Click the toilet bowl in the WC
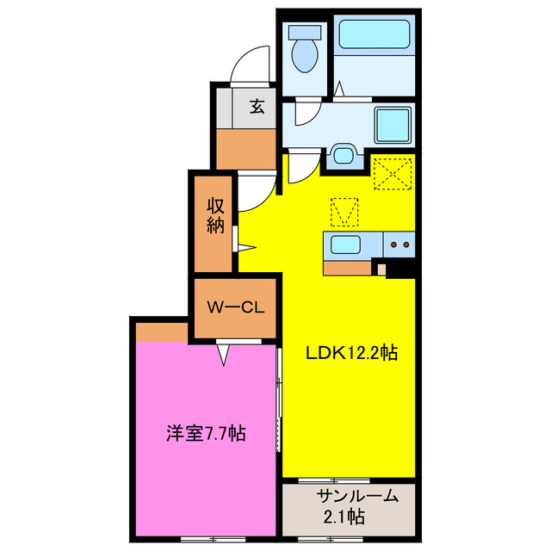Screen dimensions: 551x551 click(x=305, y=52)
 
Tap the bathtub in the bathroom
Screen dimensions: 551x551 click(x=375, y=35)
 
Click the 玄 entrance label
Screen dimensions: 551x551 click(x=257, y=107)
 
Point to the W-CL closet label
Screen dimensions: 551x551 click(x=235, y=306)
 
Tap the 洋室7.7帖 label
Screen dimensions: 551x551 click(x=206, y=433)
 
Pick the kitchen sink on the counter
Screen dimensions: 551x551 click(x=348, y=245)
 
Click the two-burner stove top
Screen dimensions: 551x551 click(x=399, y=245)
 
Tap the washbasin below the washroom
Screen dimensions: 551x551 click(x=344, y=155)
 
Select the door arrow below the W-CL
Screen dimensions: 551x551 click(x=225, y=353)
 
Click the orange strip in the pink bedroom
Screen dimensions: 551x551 click(x=162, y=331)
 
